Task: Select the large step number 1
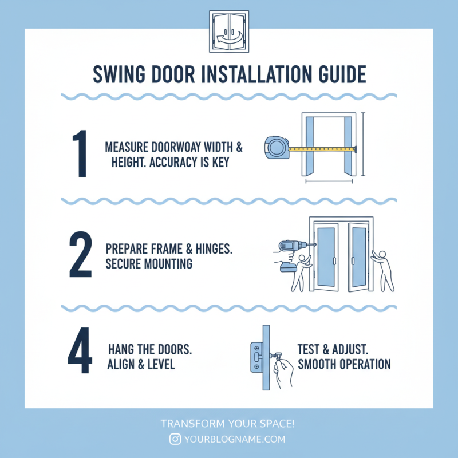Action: coord(80,154)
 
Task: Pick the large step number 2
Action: coord(80,254)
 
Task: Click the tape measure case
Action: coord(277,148)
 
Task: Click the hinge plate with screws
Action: coord(255,358)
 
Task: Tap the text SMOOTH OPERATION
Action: coord(343,364)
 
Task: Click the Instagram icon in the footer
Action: coord(175,439)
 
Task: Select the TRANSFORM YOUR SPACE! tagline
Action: coord(228,424)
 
